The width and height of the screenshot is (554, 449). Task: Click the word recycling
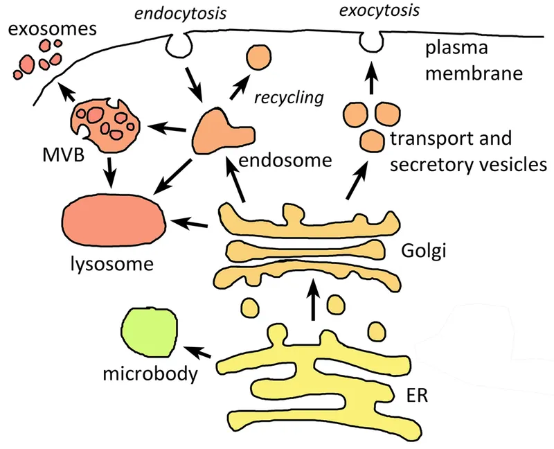click(x=289, y=97)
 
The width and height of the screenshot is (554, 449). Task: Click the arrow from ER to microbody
click(x=202, y=353)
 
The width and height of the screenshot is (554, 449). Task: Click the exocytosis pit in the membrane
click(x=370, y=42)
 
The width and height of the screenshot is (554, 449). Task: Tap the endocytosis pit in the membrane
click(x=179, y=46)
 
